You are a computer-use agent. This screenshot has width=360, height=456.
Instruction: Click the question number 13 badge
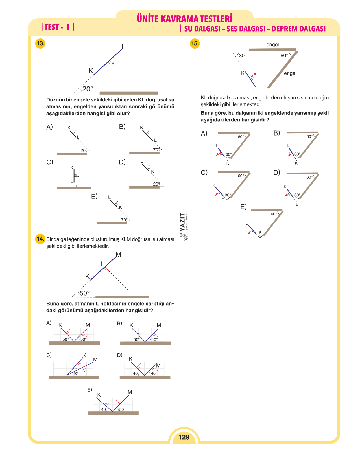[x=40, y=43]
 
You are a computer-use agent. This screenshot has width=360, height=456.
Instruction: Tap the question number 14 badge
[x=40, y=239]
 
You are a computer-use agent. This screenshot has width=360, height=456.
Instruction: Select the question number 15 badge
[x=195, y=43]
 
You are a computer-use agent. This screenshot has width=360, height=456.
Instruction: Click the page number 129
[x=184, y=437]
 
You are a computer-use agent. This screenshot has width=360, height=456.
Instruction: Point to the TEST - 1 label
[x=57, y=27]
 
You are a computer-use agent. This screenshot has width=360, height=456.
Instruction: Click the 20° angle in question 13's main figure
[x=88, y=89]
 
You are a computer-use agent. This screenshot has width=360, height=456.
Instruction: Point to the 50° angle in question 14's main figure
[x=84, y=293]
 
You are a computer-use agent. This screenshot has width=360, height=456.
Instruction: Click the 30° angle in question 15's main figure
[x=243, y=56]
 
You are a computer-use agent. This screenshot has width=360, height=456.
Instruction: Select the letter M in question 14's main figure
[x=118, y=254]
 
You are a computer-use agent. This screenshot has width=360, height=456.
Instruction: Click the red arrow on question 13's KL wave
[x=112, y=62]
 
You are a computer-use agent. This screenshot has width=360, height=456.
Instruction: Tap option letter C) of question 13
[x=50, y=162]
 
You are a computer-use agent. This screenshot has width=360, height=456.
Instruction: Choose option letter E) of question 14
[x=90, y=390]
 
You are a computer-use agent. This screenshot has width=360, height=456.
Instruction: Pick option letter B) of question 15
[x=276, y=133]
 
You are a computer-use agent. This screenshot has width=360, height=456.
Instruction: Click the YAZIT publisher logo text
[x=182, y=222]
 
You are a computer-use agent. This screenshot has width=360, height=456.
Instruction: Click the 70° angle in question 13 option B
[x=156, y=150]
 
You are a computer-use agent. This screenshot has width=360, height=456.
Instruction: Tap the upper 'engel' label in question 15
[x=272, y=45]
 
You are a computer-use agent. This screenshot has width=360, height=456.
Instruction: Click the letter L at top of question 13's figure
[x=124, y=47]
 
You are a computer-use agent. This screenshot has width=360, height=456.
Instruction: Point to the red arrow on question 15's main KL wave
[x=253, y=75]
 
